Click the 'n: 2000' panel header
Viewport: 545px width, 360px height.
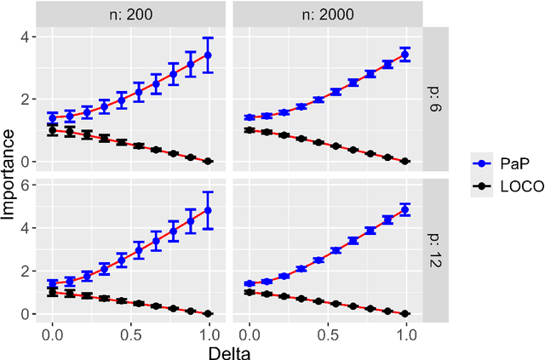click(x=327, y=14)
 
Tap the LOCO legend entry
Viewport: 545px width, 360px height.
click(x=508, y=187)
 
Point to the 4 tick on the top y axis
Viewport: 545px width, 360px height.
click(x=29, y=37)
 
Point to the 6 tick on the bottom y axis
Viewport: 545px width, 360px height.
click(x=29, y=185)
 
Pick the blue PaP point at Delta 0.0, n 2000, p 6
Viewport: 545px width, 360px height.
click(x=249, y=117)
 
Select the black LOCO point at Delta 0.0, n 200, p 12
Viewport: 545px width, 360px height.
click(x=53, y=292)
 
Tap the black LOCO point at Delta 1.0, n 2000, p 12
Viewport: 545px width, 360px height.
click(x=405, y=313)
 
